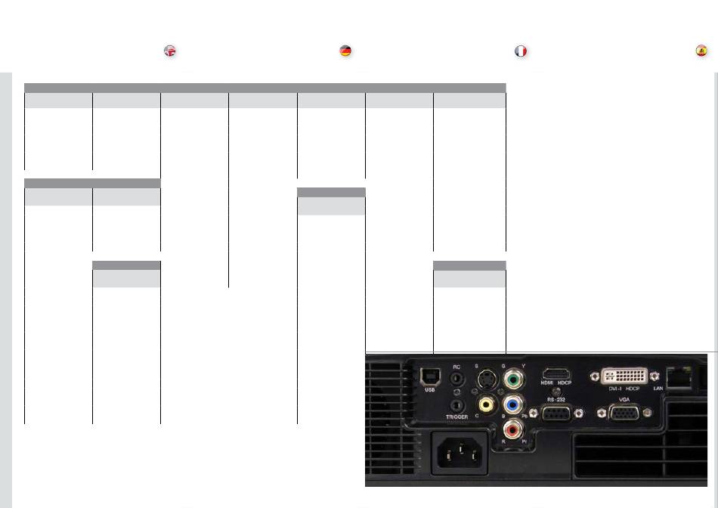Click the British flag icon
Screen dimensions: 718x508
coord(170,51)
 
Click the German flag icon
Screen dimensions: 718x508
coord(345,51)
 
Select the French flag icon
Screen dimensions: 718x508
coord(521,51)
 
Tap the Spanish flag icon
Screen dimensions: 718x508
coord(701,51)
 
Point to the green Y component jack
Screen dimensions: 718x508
coord(514,376)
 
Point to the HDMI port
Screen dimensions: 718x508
coord(557,373)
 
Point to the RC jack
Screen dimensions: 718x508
coord(456,379)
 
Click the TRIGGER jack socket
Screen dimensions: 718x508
coord(456,405)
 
